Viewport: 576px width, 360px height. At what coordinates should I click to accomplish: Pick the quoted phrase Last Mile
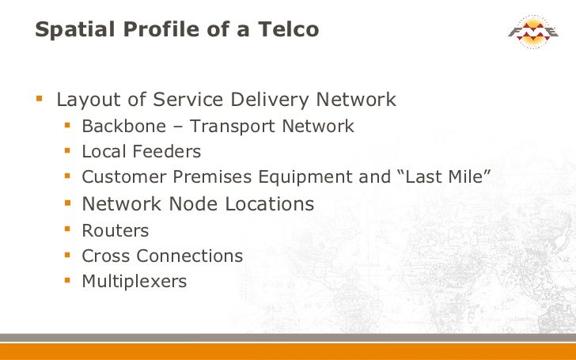[x=448, y=177]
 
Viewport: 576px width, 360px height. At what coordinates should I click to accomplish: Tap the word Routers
[x=115, y=230]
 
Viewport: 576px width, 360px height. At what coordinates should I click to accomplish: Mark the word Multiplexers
[x=134, y=282]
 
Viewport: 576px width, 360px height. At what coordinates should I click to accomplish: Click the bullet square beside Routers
[x=68, y=230]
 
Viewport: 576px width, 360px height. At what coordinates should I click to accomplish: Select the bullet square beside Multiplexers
[x=68, y=281]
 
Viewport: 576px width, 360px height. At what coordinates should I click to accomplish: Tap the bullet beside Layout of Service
[x=40, y=100]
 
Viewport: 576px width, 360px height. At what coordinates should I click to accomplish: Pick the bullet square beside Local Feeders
[x=68, y=150]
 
